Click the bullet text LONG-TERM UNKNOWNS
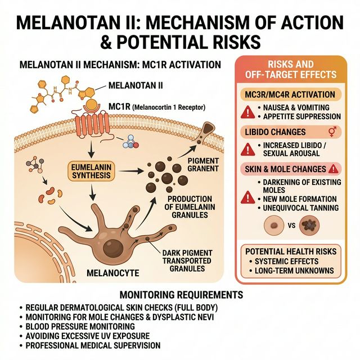tap(295, 271)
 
